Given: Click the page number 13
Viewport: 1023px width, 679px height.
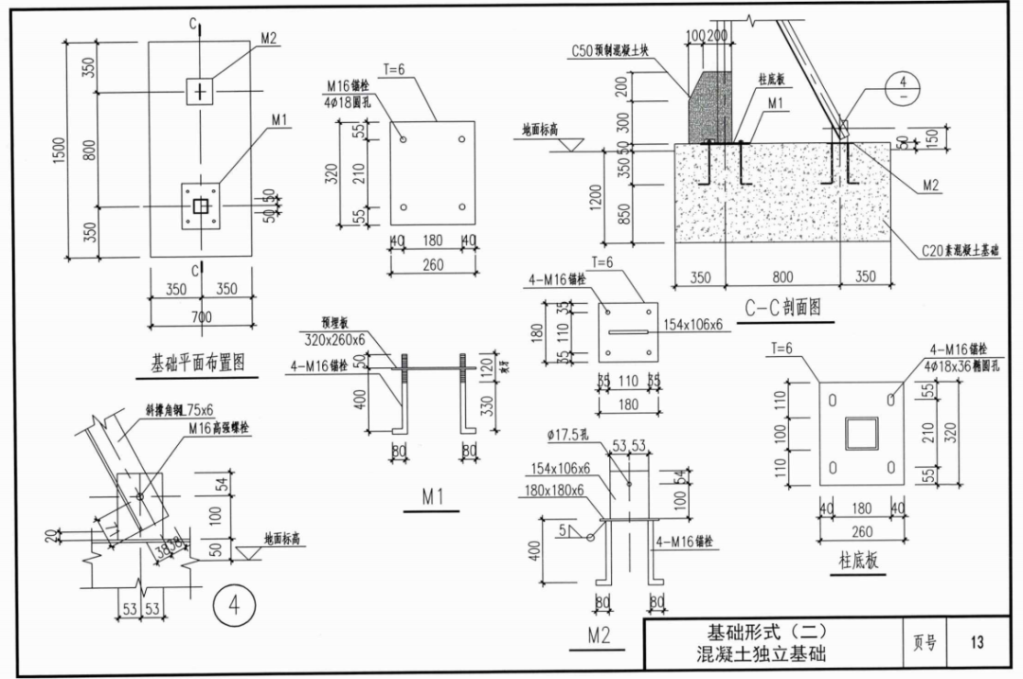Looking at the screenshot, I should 977,642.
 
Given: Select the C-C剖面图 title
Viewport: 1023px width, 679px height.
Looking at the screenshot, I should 782,307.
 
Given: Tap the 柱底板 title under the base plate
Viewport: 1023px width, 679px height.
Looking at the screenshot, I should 858,561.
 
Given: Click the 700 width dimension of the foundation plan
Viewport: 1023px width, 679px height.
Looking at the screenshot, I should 200,317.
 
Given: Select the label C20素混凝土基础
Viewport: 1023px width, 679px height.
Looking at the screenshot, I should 960,251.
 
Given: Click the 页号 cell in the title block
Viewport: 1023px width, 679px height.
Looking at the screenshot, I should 924,642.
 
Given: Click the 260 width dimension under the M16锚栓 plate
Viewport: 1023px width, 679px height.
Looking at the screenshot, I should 433,265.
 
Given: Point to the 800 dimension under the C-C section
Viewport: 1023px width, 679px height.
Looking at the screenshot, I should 781,278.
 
